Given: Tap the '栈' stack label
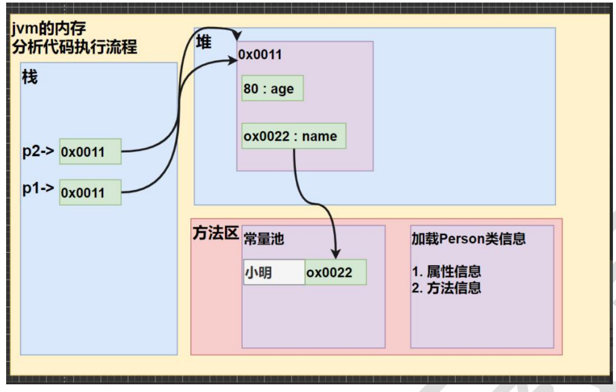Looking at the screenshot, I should point(30,78).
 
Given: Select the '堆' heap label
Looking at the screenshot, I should point(204,42).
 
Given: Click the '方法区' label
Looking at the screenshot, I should point(215,233).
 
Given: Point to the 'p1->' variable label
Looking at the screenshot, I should point(38,188).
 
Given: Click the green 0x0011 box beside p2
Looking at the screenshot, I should point(90,151).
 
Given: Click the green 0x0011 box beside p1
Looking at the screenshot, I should point(90,192).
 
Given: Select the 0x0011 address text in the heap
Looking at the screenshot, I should point(260,54).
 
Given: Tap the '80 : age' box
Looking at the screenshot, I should point(272,89).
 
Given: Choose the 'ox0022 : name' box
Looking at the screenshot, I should point(294,136).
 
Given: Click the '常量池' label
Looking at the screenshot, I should point(264,239).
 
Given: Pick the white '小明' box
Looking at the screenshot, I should point(274,272).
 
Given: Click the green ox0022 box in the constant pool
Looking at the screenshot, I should point(335,272).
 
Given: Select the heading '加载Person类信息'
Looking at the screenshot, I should point(468,239).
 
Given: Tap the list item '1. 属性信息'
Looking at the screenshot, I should point(446,272).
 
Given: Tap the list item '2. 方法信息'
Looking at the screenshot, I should point(446,288).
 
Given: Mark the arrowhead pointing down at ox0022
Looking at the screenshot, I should point(336,253).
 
